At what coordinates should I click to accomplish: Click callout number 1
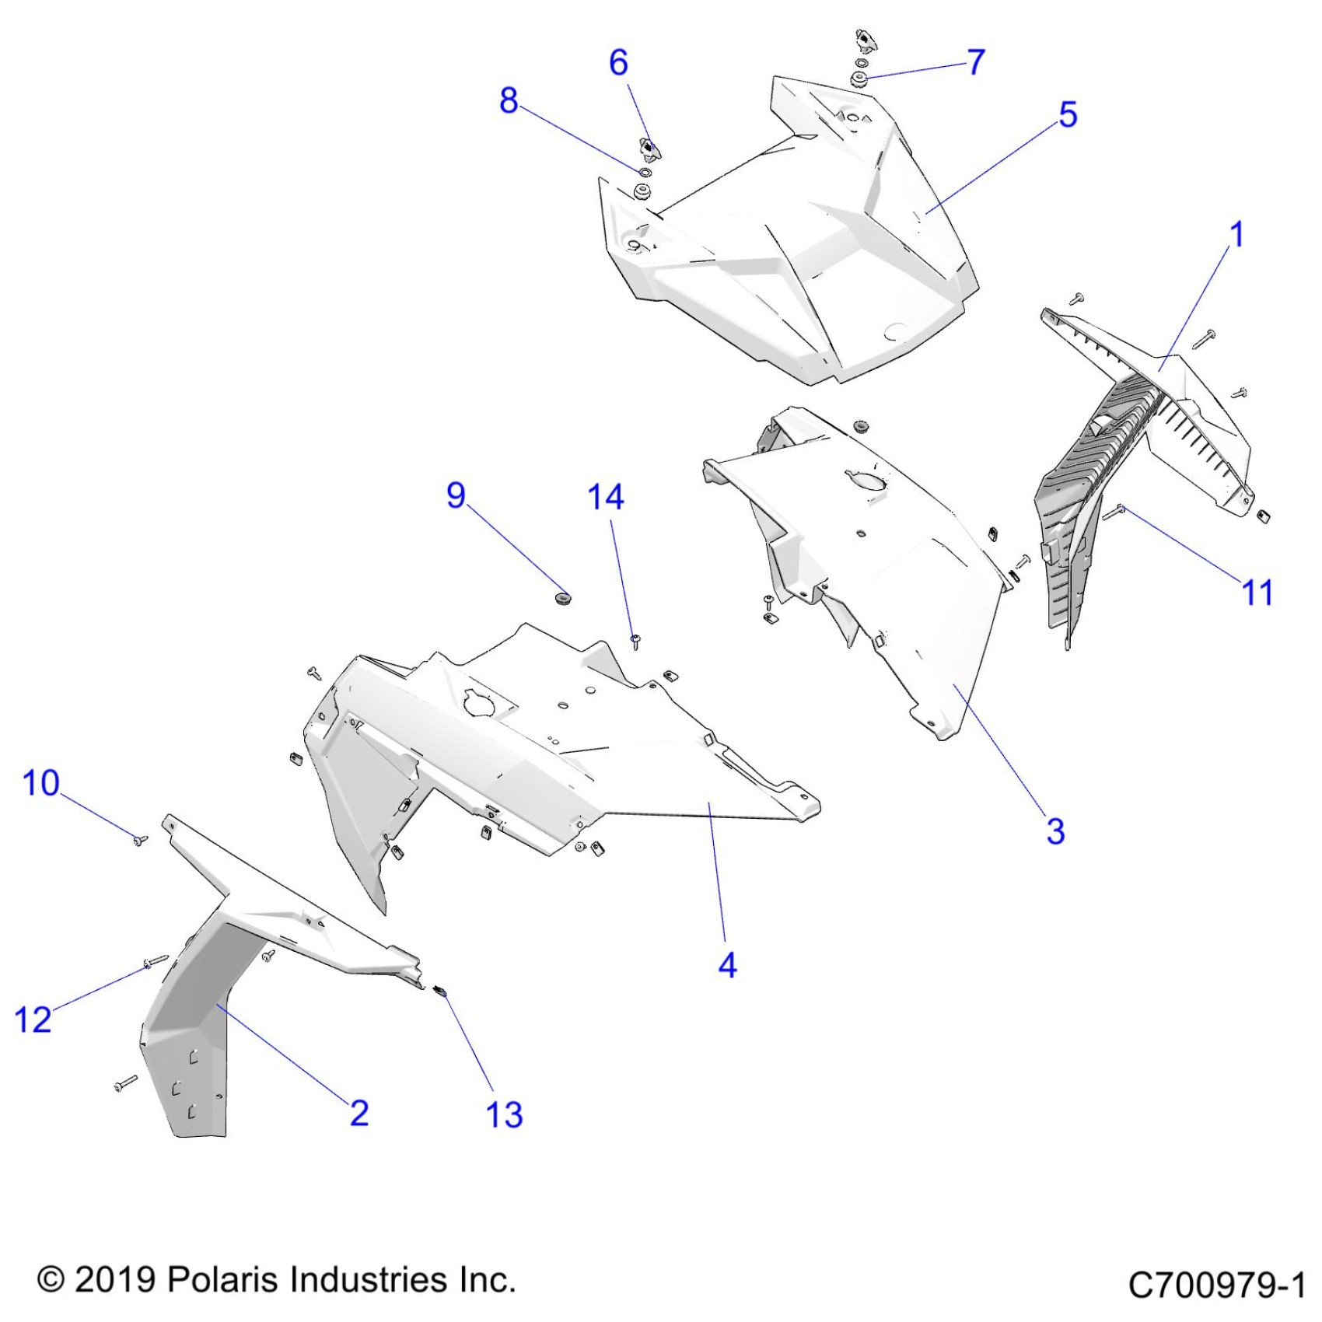(x=1236, y=235)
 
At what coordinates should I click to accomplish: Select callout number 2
(x=359, y=1113)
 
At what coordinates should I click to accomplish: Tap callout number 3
(x=1055, y=831)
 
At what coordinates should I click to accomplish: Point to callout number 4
(x=727, y=965)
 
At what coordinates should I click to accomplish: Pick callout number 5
(x=1068, y=114)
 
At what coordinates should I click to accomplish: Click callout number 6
(x=618, y=62)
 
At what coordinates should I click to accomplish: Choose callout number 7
(x=976, y=61)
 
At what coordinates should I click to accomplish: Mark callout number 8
(x=509, y=100)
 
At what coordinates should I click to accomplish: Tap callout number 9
(x=456, y=495)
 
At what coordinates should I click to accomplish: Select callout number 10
(x=41, y=783)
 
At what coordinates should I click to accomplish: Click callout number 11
(x=1257, y=593)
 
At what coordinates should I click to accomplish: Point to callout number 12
(x=33, y=1019)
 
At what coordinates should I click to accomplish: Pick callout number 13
(x=504, y=1114)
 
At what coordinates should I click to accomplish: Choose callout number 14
(x=606, y=497)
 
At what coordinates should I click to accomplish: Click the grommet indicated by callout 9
(x=562, y=598)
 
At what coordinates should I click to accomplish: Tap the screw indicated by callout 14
(x=635, y=641)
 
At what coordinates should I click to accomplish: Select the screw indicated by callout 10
(x=140, y=840)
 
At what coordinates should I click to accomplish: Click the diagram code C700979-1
(x=1217, y=1285)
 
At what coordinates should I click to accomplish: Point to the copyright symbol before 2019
(x=51, y=1280)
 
